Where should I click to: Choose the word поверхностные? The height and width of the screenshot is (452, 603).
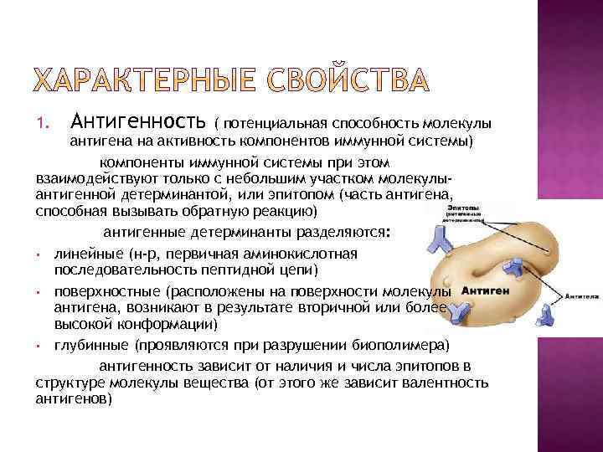pyautogui.click(x=108, y=292)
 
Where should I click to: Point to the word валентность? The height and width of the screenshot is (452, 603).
pyautogui.click(x=446, y=383)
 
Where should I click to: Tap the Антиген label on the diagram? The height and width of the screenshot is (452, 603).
pyautogui.click(x=482, y=292)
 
